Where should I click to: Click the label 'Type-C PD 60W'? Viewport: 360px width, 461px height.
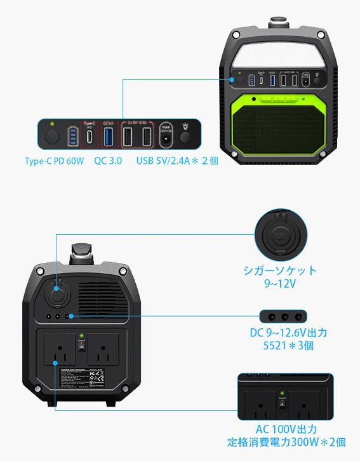[54, 161]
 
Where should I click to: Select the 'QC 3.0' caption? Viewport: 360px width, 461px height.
[107, 161]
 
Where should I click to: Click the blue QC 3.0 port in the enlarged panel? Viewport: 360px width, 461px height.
[108, 137]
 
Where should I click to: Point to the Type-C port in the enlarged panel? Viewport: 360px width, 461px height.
[89, 137]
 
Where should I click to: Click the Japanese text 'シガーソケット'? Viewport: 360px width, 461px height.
[280, 270]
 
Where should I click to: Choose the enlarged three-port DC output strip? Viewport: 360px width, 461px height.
[283, 316]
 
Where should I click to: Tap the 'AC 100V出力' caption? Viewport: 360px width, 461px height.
[286, 430]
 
